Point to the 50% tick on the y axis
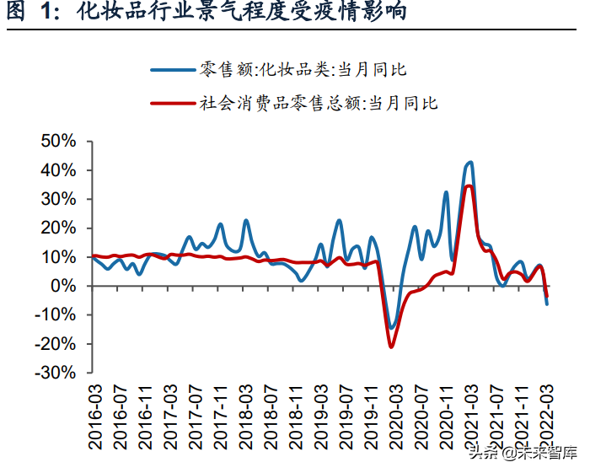pyautogui.click(x=58, y=141)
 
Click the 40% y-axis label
pyautogui.click(x=58, y=170)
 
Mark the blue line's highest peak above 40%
pyautogui.click(x=469, y=162)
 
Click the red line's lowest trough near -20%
pyautogui.click(x=391, y=347)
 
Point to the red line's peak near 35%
pyautogui.click(x=469, y=185)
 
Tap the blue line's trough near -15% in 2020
pyautogui.click(x=392, y=327)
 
